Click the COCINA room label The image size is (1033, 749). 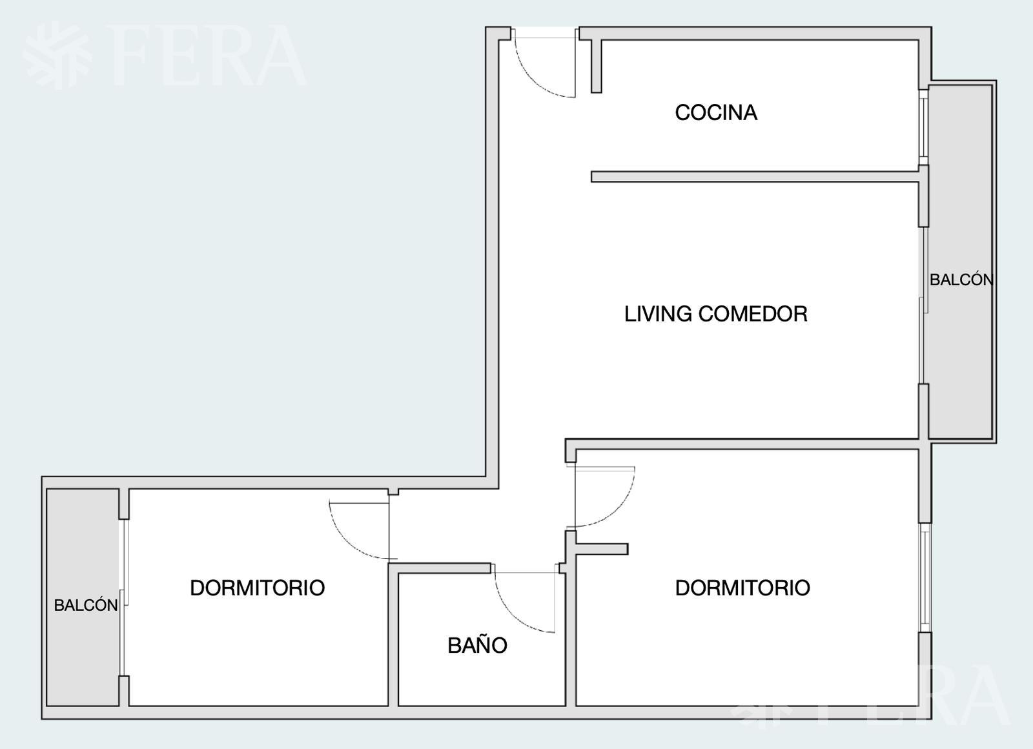point(716,112)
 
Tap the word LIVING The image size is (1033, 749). point(658,314)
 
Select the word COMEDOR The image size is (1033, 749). point(753,314)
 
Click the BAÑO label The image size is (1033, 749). point(477,644)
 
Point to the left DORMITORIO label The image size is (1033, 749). point(258,588)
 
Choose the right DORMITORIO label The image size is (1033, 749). point(742,588)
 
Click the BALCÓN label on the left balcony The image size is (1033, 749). point(86,604)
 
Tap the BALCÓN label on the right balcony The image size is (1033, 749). point(961,279)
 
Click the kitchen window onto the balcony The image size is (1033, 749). point(923,127)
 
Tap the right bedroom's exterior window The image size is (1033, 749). point(925,577)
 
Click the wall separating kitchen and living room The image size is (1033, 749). point(755,177)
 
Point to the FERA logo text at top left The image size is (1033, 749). point(206,56)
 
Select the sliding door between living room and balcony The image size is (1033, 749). point(923,305)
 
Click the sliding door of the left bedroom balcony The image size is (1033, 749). point(123,598)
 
